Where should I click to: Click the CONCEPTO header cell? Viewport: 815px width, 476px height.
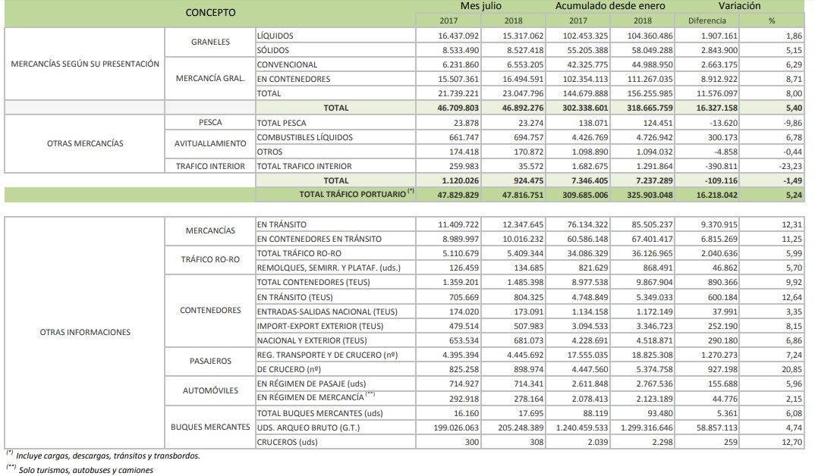[210, 13]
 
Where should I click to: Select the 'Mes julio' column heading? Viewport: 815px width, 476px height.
[481, 6]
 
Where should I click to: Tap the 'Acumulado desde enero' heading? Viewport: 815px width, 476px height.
[610, 6]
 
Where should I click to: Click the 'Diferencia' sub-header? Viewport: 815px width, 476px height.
[706, 20]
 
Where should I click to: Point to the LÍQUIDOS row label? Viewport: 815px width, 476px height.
[275, 36]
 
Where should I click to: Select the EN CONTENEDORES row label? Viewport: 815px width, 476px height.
[293, 79]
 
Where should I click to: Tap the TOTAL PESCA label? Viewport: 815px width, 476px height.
[284, 122]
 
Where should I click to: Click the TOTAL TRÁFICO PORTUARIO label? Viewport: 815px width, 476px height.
[357, 194]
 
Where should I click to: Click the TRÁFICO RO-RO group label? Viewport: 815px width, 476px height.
[210, 260]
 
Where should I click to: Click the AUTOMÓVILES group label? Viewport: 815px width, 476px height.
[210, 391]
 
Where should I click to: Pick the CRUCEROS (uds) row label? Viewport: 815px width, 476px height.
[288, 442]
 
